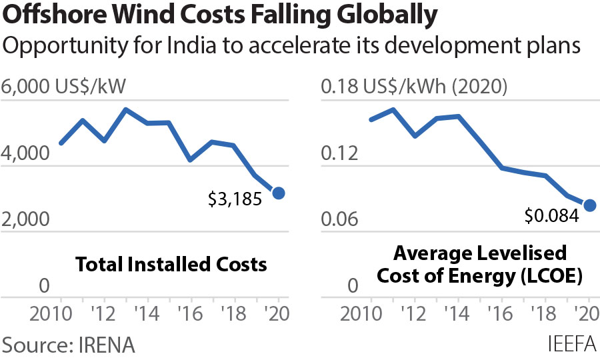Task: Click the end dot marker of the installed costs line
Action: point(279,193)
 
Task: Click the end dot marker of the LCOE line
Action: point(589,205)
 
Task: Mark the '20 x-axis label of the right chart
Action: point(585,315)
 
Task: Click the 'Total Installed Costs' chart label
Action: point(171,264)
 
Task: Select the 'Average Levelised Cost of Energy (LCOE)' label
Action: point(480,264)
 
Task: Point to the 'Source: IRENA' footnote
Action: point(69,345)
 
